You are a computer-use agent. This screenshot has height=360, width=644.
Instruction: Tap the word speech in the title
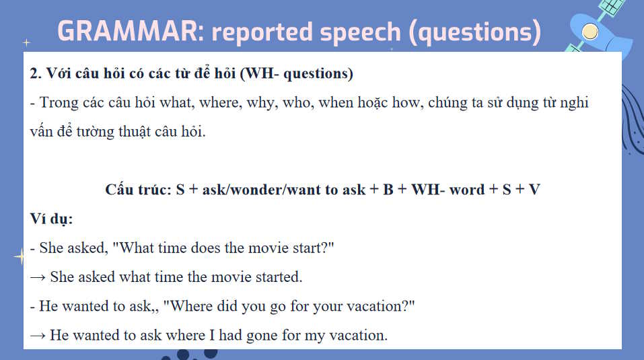click(x=360, y=33)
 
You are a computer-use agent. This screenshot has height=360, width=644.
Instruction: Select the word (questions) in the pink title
click(x=475, y=32)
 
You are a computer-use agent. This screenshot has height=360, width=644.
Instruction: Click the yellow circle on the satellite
click(x=590, y=32)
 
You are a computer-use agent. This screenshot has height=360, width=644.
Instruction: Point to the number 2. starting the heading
click(x=36, y=73)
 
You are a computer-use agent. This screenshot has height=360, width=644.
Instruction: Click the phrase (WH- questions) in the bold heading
click(x=297, y=74)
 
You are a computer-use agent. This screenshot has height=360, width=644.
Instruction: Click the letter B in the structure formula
click(x=388, y=190)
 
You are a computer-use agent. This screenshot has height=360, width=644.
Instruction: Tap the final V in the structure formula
click(x=534, y=190)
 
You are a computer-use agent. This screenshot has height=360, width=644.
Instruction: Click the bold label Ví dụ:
click(x=51, y=219)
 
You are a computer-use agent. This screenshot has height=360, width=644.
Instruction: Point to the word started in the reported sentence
click(x=279, y=277)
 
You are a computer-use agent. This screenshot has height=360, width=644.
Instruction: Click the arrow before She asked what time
click(x=38, y=278)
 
